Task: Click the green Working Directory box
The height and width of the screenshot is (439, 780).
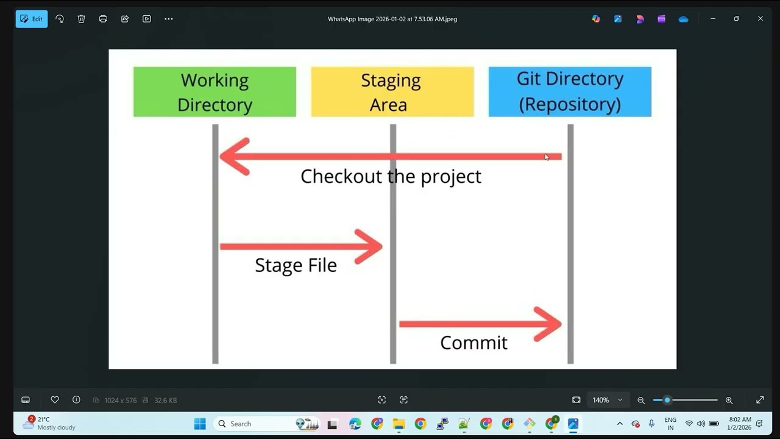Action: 214,92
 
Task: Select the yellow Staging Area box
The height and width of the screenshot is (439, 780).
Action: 392,92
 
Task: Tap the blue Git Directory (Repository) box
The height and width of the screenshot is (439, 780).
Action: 570,92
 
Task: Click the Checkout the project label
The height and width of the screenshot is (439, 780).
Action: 391,177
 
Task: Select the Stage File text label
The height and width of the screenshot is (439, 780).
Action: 296,265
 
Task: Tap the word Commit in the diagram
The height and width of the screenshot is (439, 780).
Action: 473,343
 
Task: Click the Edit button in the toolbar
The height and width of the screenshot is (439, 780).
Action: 32,19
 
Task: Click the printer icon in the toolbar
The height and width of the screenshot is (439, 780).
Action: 103,19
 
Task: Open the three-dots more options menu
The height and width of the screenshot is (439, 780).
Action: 169,19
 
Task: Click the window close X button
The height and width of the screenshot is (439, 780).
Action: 760,19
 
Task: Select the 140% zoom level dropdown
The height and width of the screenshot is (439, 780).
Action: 608,400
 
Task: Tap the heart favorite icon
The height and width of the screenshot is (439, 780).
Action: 55,400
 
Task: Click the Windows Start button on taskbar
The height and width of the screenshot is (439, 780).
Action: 200,424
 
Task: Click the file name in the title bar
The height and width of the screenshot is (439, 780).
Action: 392,19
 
